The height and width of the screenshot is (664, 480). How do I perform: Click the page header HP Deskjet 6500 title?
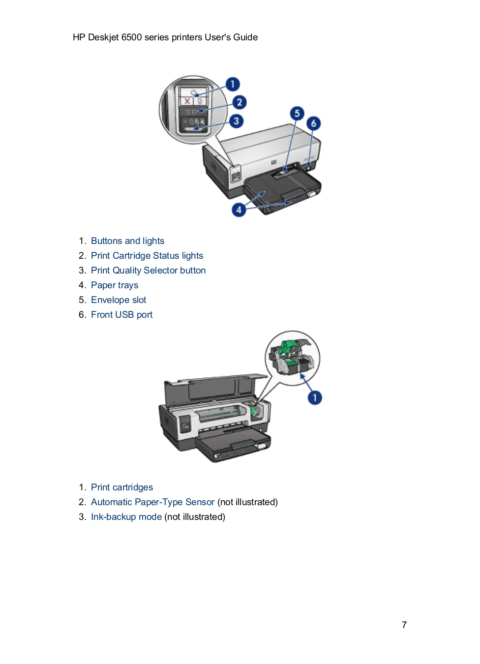(x=165, y=37)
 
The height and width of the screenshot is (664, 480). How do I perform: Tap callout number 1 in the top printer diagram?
(x=233, y=84)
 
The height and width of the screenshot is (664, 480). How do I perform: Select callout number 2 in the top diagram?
(x=239, y=102)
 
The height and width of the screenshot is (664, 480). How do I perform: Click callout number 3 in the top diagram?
(x=236, y=121)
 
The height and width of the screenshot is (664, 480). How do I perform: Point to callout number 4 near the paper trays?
(x=239, y=210)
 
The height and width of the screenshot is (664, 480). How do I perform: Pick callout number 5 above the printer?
(x=297, y=114)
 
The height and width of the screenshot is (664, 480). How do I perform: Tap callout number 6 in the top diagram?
(x=313, y=123)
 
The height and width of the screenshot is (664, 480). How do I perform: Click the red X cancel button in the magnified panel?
(x=187, y=101)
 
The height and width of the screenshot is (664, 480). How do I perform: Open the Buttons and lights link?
(x=127, y=241)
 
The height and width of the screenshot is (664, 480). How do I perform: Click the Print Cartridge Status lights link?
(x=147, y=256)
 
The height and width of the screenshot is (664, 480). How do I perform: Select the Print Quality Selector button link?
(x=148, y=271)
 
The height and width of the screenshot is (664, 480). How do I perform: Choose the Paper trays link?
(x=115, y=285)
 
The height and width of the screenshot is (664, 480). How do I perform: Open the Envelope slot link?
(x=119, y=300)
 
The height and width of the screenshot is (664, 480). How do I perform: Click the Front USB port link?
(x=121, y=315)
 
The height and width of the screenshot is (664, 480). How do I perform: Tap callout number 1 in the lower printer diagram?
(x=315, y=397)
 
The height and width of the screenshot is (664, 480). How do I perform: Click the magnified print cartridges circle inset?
(x=292, y=358)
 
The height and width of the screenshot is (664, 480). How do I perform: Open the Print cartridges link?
(x=122, y=487)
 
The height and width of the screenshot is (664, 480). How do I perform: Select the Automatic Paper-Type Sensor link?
(x=152, y=502)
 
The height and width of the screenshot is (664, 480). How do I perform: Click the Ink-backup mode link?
(x=126, y=517)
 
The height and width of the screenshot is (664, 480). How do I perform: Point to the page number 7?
(x=404, y=625)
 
